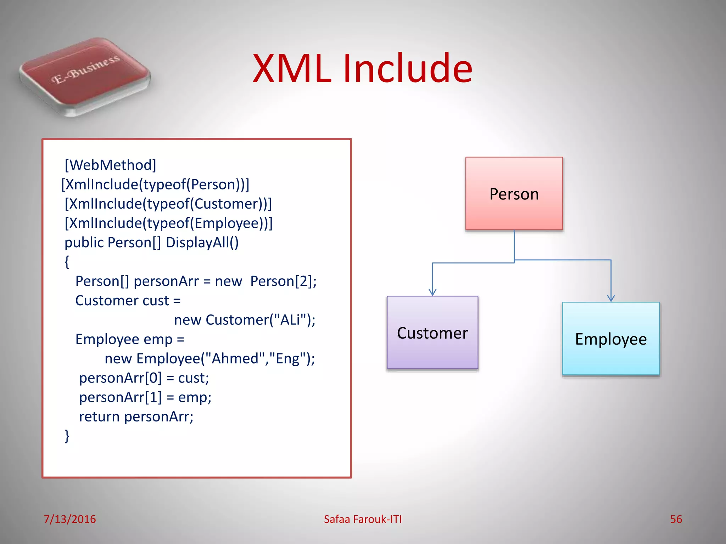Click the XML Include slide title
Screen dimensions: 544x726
[362, 68]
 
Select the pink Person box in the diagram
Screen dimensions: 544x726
[514, 194]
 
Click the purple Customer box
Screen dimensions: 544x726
[432, 333]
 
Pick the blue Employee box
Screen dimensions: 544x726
[610, 339]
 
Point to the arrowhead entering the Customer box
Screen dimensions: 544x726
[432, 292]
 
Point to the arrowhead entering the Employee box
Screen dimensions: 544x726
[610, 298]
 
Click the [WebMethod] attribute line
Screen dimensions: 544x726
[110, 165]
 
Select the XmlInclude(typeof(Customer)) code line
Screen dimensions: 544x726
[168, 204]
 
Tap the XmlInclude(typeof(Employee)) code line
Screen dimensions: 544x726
[168, 223]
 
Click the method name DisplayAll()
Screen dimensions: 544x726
[202, 243]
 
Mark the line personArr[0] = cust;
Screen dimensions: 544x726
[144, 378]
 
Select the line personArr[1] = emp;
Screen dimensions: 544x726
[145, 397]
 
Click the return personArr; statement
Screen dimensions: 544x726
[136, 416]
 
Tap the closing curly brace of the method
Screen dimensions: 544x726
[67, 436]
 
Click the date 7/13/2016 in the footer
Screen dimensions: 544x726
[69, 519]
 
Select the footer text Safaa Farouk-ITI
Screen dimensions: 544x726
[362, 519]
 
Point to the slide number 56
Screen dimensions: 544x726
[676, 519]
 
